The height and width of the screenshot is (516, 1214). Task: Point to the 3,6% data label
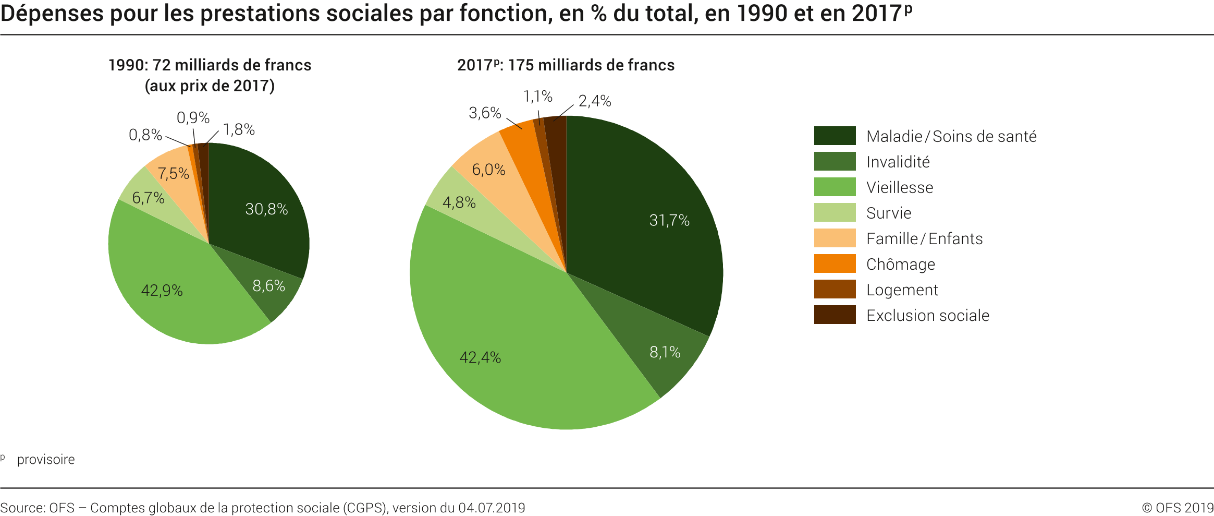[485, 113]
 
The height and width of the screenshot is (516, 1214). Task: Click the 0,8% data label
[145, 135]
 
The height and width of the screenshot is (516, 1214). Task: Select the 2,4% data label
[595, 101]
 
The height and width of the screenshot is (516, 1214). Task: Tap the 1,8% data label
[239, 130]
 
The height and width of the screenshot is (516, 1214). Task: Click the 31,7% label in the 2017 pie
[669, 221]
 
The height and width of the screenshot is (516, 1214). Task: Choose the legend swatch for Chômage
[835, 263]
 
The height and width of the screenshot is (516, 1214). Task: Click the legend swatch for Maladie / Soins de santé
[835, 136]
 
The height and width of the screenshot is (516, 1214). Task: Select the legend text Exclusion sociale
[927, 315]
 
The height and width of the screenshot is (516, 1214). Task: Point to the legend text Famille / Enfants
[924, 238]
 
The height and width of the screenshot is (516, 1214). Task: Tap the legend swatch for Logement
[835, 289]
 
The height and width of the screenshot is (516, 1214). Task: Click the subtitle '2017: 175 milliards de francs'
[566, 65]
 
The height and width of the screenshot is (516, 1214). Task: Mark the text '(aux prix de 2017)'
[210, 86]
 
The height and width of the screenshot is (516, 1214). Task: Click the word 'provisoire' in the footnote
[46, 460]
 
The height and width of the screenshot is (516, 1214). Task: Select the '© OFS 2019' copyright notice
[1178, 508]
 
